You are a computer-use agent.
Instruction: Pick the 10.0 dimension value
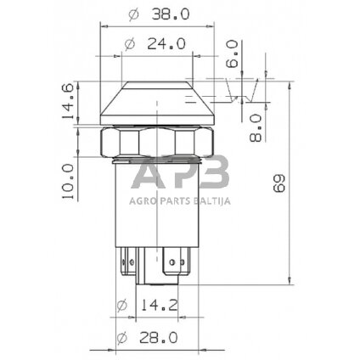(x=67, y=181)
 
